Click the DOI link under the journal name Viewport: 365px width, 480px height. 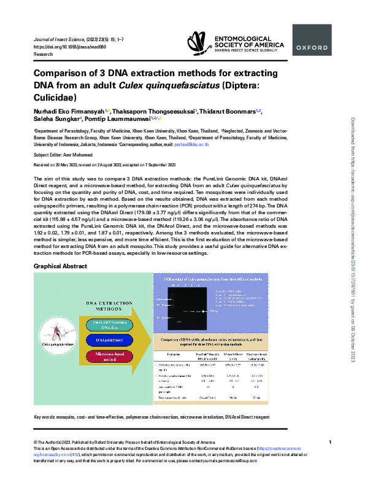coord(60,47)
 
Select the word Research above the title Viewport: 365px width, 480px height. coord(44,54)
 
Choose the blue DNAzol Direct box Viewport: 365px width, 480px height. coord(109,339)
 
